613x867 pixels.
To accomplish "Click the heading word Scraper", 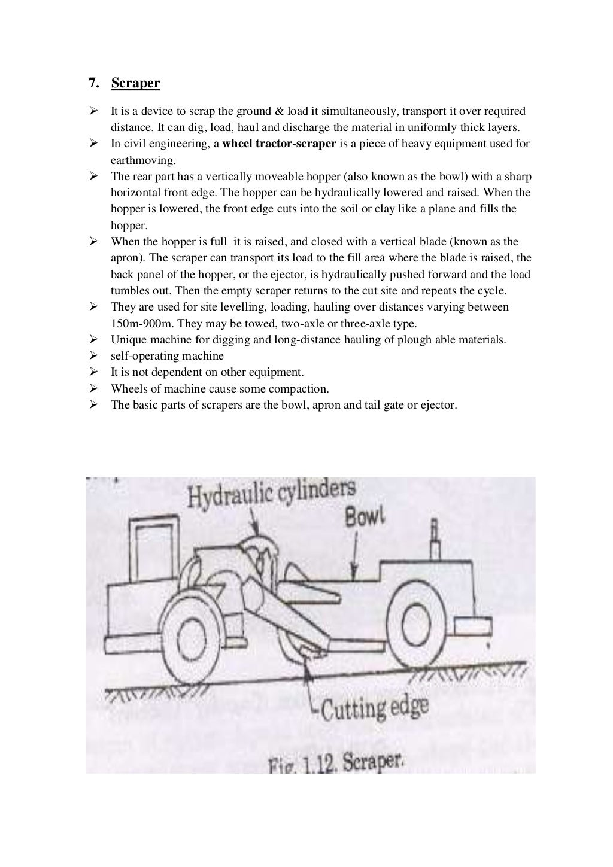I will tap(135, 83).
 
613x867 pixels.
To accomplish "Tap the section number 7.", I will tap(93, 83).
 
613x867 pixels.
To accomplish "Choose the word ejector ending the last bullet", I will tap(439, 405).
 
